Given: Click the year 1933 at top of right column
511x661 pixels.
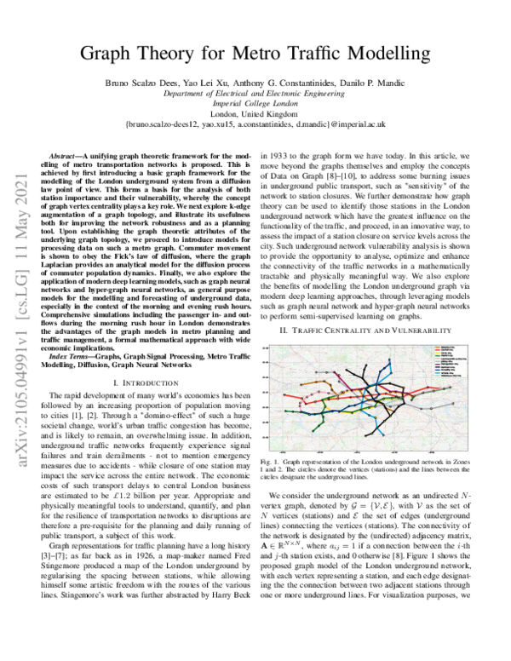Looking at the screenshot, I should click(x=287, y=158).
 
